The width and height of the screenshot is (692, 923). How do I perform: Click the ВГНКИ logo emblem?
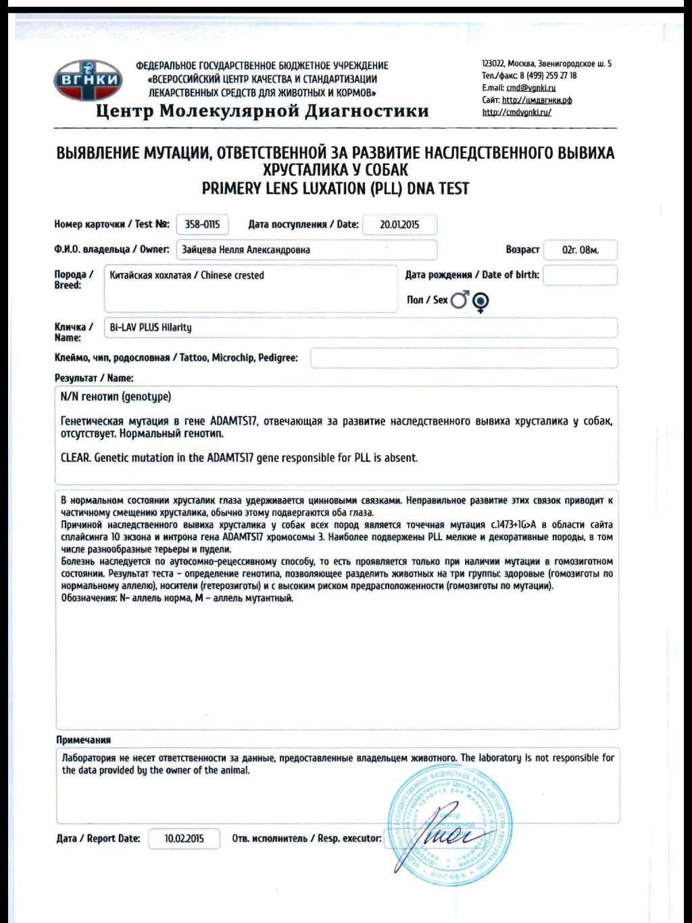(x=87, y=80)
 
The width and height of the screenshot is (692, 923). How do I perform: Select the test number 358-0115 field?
(x=202, y=224)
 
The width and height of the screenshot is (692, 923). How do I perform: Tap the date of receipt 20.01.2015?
(x=399, y=224)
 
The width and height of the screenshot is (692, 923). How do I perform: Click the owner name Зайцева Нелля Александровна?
(x=246, y=250)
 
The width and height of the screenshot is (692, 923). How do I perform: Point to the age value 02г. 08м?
(x=580, y=250)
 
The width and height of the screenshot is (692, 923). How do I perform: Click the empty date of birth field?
(x=580, y=275)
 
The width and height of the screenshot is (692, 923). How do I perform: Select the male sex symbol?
(x=460, y=300)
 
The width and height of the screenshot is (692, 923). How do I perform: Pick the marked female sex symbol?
(x=480, y=302)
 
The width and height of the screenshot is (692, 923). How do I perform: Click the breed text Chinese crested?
(x=232, y=275)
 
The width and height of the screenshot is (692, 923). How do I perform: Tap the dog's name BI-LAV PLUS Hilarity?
(x=151, y=327)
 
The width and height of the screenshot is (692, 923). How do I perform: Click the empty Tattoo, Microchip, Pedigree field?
(x=464, y=358)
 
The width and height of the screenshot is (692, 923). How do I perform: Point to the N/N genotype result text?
(x=116, y=397)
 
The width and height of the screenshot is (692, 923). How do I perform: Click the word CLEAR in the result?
(x=74, y=458)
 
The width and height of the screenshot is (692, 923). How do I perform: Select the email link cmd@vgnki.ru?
(x=531, y=88)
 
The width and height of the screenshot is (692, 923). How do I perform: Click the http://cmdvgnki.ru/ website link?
(x=516, y=112)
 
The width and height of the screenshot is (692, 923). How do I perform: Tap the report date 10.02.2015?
(x=184, y=838)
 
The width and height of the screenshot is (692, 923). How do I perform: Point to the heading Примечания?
(x=83, y=740)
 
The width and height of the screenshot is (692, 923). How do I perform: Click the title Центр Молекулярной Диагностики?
(x=262, y=111)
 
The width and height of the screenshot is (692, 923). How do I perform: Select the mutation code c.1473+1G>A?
(x=514, y=525)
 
